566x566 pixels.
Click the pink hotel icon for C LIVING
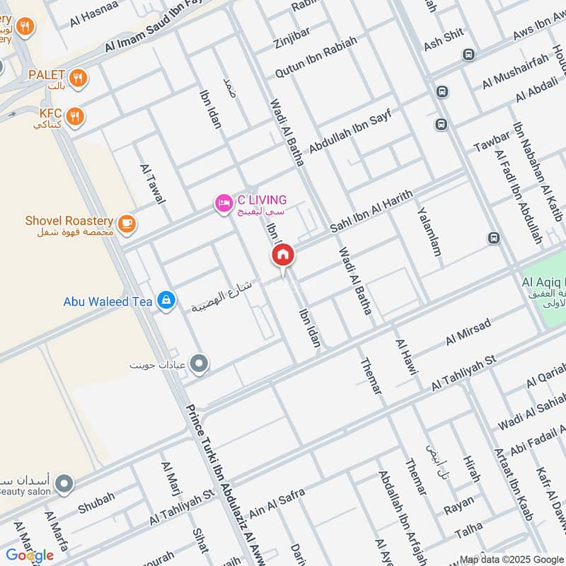click(223, 204)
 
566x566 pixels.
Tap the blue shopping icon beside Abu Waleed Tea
click(166, 301)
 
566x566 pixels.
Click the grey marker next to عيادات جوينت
click(200, 364)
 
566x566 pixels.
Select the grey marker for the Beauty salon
click(64, 484)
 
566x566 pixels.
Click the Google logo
click(30, 555)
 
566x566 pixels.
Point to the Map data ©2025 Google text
click(512, 559)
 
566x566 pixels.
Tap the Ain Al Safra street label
click(277, 502)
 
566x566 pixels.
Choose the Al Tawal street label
click(152, 183)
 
